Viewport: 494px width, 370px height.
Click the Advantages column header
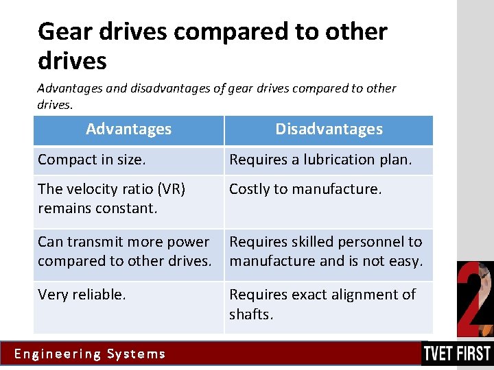point(128,129)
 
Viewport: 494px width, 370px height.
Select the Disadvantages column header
point(329,129)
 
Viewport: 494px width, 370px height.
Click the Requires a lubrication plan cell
point(320,160)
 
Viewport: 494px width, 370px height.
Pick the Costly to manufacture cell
point(305,189)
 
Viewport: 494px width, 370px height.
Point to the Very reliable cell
point(82,295)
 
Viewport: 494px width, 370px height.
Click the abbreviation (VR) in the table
point(171,189)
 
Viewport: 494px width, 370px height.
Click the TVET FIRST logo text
point(457,354)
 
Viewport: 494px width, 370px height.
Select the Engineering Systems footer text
point(90,354)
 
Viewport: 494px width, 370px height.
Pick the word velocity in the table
point(91,189)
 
